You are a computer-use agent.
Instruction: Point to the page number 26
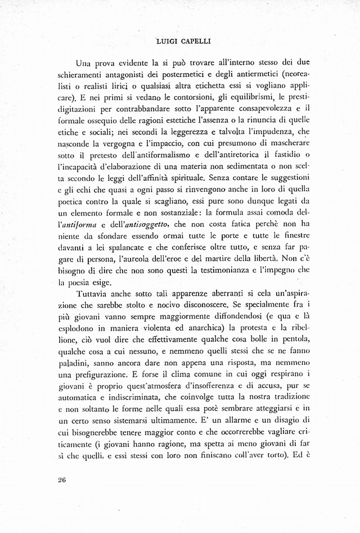[62, 479]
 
